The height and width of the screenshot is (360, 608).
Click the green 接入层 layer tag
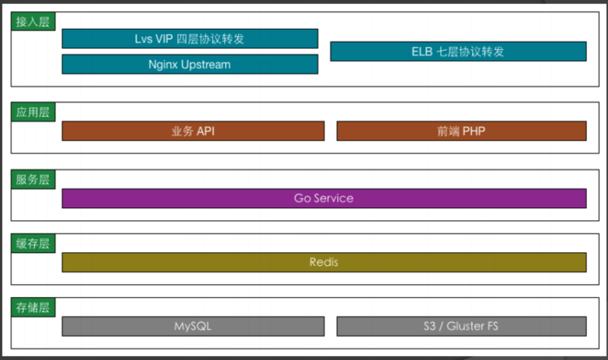(x=33, y=21)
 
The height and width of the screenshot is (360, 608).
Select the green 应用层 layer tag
(x=33, y=112)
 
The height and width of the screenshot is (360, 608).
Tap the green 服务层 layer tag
(x=33, y=179)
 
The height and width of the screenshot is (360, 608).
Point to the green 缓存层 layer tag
(x=33, y=243)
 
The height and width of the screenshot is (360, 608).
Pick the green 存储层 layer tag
(x=33, y=308)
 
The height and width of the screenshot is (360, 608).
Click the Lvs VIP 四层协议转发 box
(x=190, y=39)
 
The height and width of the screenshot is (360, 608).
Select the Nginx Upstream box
(x=190, y=65)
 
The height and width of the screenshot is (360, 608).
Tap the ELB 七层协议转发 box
(x=458, y=52)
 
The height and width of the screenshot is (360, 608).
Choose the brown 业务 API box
(x=193, y=131)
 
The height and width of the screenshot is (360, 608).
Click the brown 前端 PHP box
(x=461, y=131)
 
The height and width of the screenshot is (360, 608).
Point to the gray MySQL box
(x=193, y=327)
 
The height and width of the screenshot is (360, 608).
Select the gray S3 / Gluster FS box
(x=461, y=327)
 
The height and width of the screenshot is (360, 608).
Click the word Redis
(x=324, y=262)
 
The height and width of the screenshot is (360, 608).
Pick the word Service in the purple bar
(x=334, y=198)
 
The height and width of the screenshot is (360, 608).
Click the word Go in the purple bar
(x=302, y=198)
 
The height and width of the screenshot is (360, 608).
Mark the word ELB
(x=422, y=52)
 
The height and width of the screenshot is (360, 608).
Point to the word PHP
(x=473, y=131)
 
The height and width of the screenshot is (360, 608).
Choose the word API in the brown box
(x=205, y=131)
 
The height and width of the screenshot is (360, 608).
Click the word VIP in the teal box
(x=164, y=39)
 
